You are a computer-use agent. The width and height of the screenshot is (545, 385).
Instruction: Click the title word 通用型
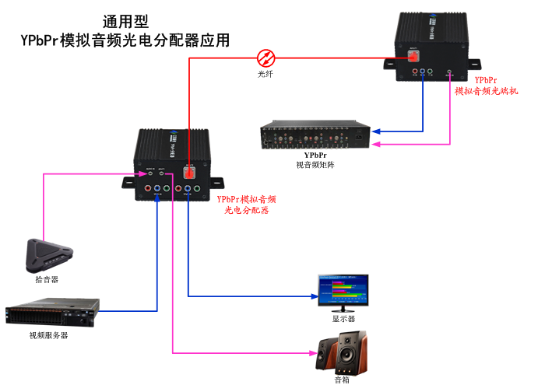(125, 22)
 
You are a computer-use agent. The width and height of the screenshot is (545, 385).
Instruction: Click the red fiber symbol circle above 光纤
(266, 57)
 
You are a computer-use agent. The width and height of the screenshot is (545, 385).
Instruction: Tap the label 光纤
(265, 74)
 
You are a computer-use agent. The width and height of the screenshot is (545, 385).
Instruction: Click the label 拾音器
(47, 278)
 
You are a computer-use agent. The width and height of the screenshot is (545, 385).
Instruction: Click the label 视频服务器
(48, 335)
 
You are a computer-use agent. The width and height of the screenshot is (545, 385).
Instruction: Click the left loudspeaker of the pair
(328, 357)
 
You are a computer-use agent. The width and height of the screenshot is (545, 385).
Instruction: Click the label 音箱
(343, 380)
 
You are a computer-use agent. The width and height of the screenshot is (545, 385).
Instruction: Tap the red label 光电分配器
(246, 211)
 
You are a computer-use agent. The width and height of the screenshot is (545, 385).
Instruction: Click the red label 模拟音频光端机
(487, 91)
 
